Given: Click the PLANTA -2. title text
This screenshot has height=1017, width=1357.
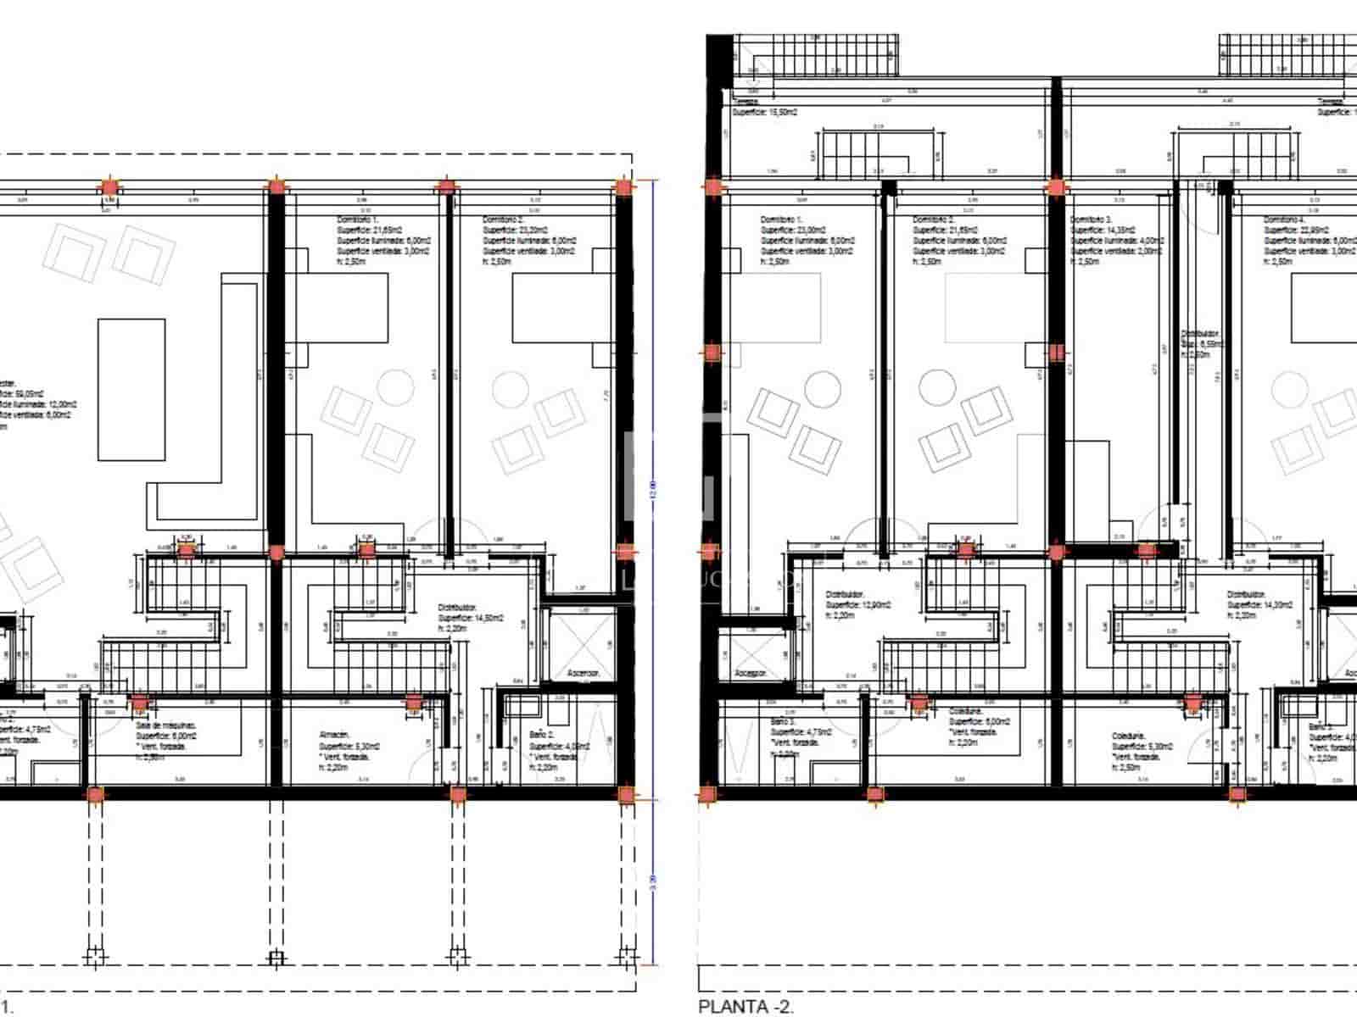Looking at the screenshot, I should click(x=746, y=1006).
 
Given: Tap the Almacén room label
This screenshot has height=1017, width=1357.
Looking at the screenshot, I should click(x=333, y=735).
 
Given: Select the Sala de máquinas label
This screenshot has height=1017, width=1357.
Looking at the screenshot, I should click(x=166, y=726).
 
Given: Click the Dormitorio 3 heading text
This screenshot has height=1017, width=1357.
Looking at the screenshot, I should click(x=1090, y=220).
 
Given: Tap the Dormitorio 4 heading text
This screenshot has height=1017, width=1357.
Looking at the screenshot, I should click(x=1285, y=220).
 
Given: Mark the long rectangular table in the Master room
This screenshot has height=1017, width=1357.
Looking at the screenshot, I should click(x=131, y=389).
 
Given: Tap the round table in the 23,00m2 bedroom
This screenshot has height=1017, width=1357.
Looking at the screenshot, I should click(x=822, y=386).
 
